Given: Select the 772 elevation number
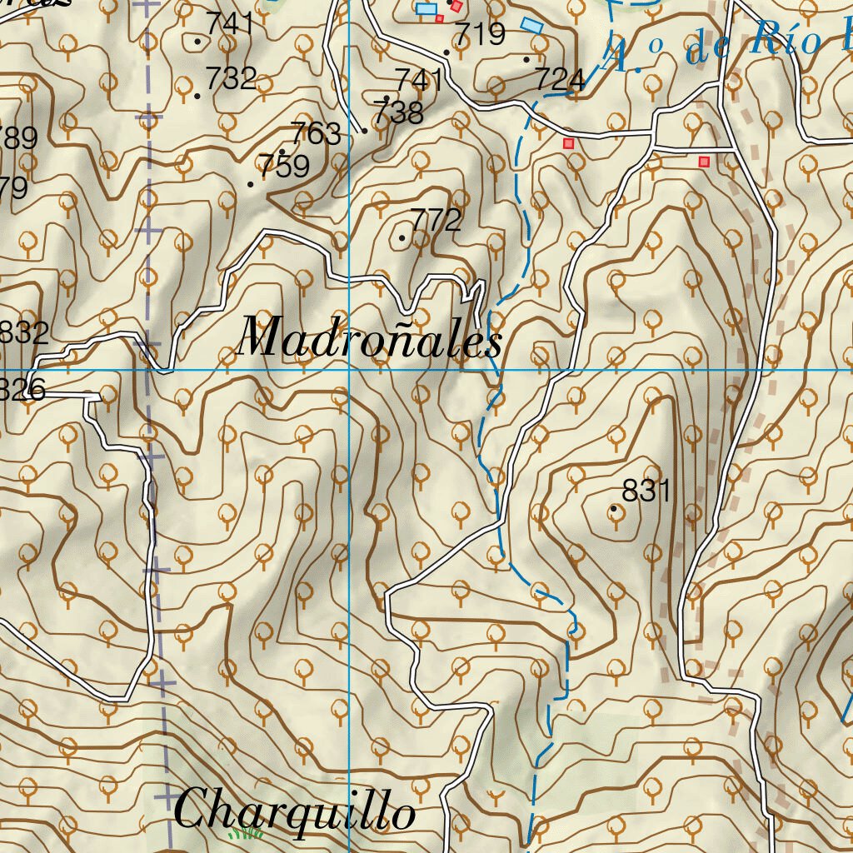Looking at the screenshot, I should coord(436,221).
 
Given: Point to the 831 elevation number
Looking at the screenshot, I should coord(646,491).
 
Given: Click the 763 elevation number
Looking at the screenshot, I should coord(316,133).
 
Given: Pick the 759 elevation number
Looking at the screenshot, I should coord(284,167).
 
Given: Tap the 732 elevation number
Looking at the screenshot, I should coord(231,78).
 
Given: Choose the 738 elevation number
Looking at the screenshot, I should coord(398,112).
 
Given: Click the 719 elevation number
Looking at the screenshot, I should coord(481,34).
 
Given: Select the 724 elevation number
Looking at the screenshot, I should coord(560,80).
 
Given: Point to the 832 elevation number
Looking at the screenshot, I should coord(23,333).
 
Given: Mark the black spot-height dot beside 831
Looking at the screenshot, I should coord(615,508).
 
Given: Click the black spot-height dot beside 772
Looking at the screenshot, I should coord(402,238).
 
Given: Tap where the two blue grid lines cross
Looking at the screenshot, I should coord(348,369).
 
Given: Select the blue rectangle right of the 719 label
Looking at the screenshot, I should coord(531,25).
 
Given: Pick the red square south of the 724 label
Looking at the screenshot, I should coord(569,143).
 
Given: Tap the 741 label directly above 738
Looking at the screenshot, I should coord(419,81).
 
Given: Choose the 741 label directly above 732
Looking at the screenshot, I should coord(230,24).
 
